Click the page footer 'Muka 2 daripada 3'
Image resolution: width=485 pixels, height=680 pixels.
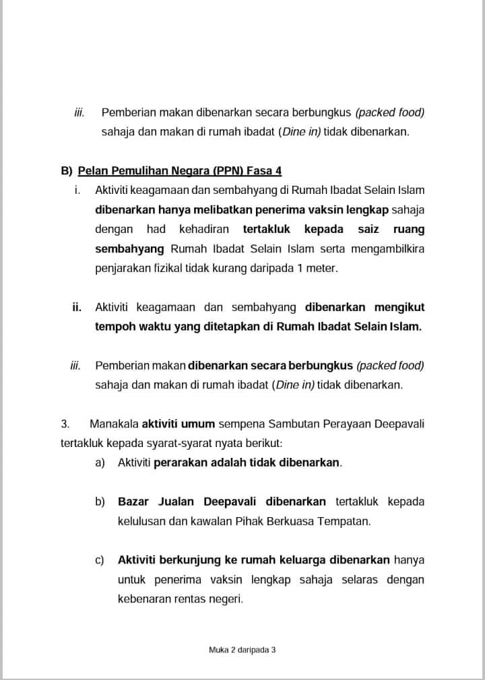pos(243,650)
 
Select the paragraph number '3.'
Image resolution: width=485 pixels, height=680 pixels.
pos(65,423)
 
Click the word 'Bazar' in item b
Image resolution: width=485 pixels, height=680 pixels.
pos(133,502)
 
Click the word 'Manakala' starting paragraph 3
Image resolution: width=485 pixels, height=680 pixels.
pos(113,423)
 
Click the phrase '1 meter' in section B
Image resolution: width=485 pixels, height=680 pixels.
pos(319,268)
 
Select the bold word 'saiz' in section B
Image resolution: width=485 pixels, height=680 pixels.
pos(369,229)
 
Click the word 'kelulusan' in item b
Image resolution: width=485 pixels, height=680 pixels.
pos(139,521)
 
